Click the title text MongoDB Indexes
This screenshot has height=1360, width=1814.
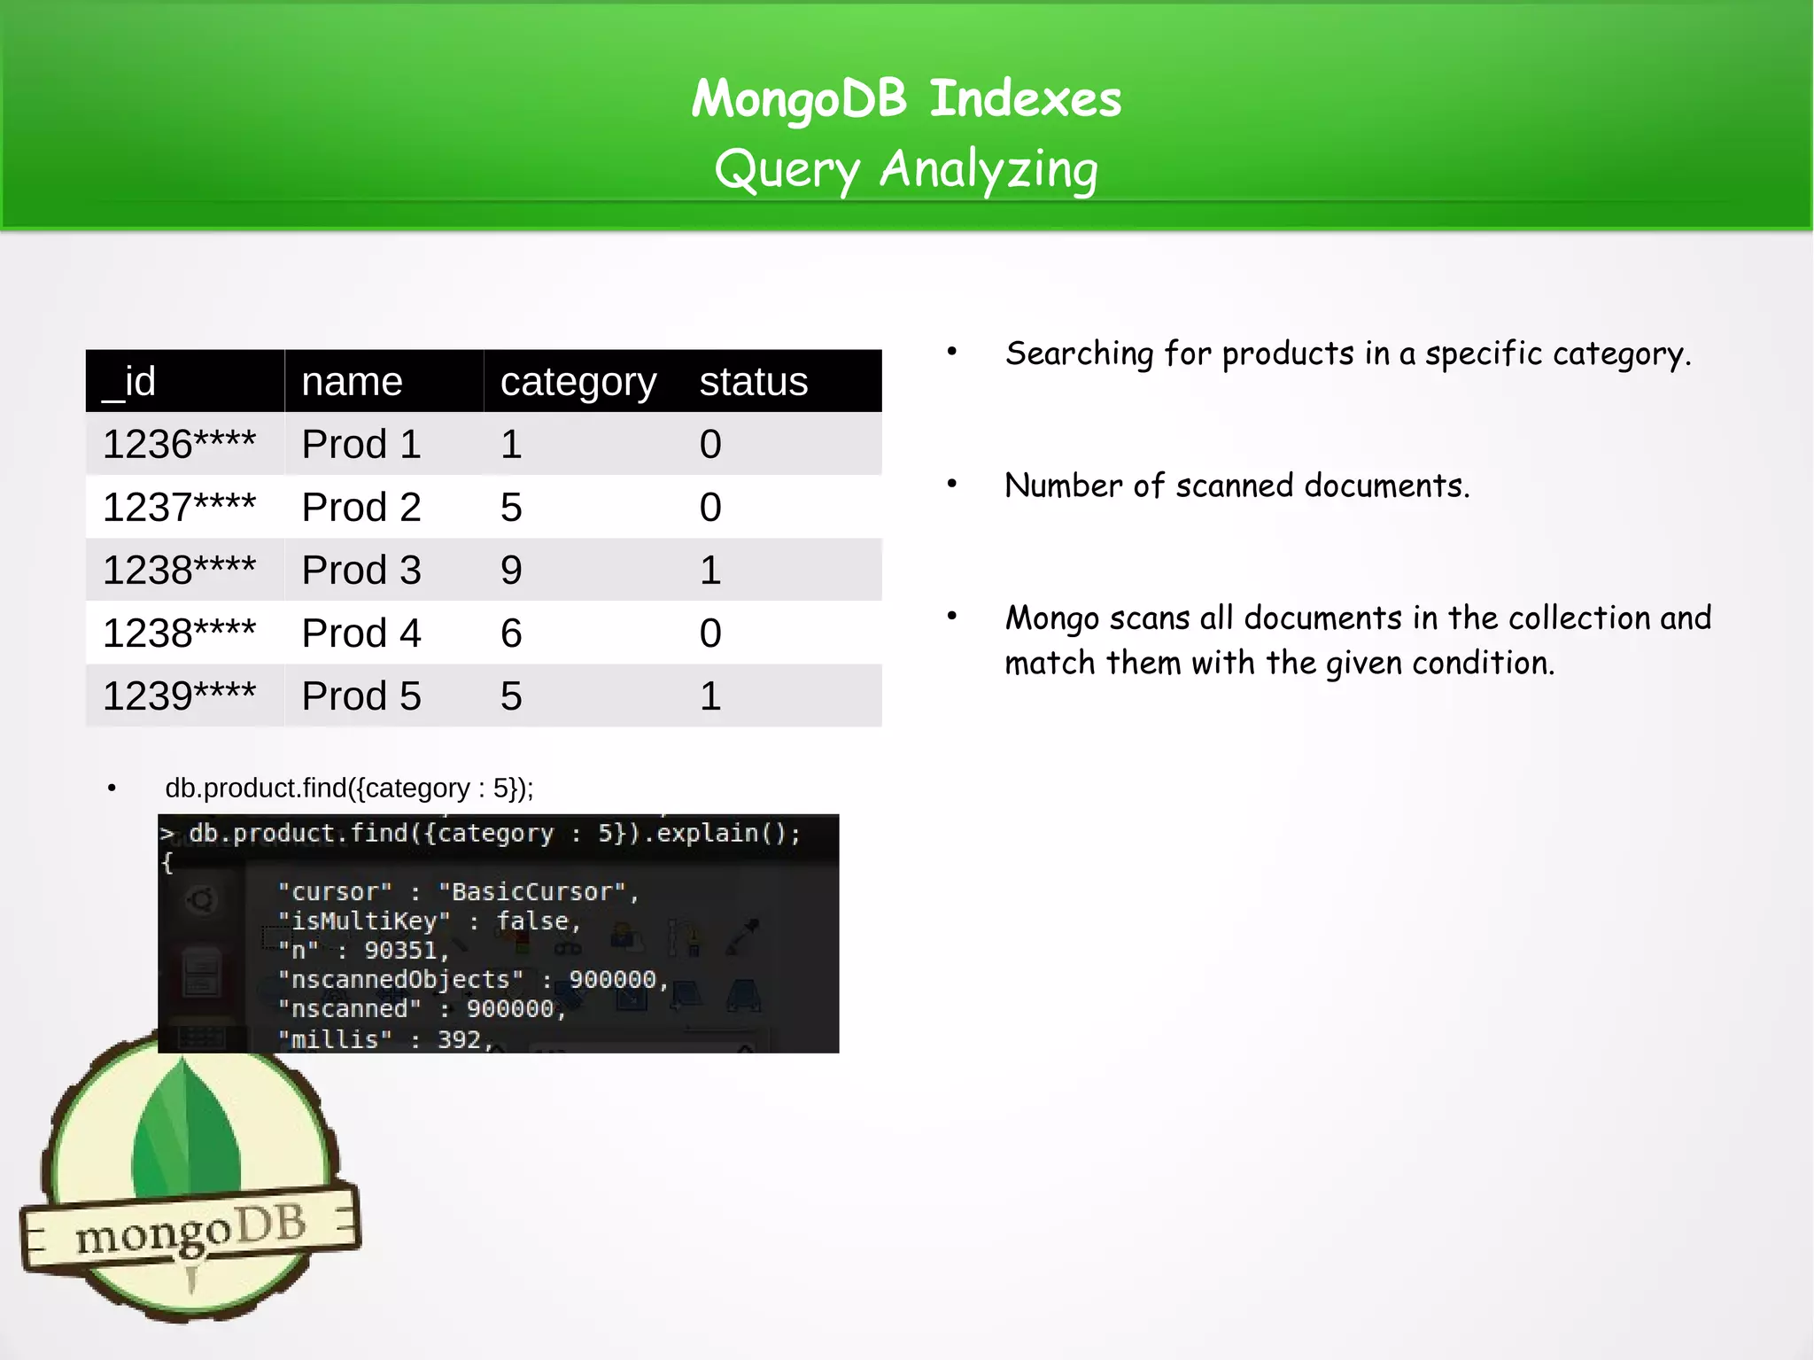click(x=906, y=97)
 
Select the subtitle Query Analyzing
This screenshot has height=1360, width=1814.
click(x=906, y=169)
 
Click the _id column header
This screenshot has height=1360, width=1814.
click(x=129, y=382)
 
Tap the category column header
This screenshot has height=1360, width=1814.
click(x=578, y=382)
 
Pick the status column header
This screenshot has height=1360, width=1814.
click(x=753, y=382)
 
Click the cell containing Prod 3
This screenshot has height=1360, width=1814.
click(x=361, y=570)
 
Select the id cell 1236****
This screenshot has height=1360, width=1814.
click(x=179, y=444)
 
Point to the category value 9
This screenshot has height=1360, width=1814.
click(x=511, y=570)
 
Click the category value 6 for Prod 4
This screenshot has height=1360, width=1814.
click(x=511, y=633)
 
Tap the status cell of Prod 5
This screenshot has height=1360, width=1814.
click(x=710, y=696)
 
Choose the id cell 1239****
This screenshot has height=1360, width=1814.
click(x=179, y=696)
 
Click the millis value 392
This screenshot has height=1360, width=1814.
click(x=459, y=1038)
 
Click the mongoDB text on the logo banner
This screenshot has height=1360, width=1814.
click(x=190, y=1230)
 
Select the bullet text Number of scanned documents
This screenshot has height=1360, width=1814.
click(x=1236, y=486)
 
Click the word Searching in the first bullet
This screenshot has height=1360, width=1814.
click(x=1079, y=354)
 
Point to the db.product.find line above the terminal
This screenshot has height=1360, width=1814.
click(x=349, y=788)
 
